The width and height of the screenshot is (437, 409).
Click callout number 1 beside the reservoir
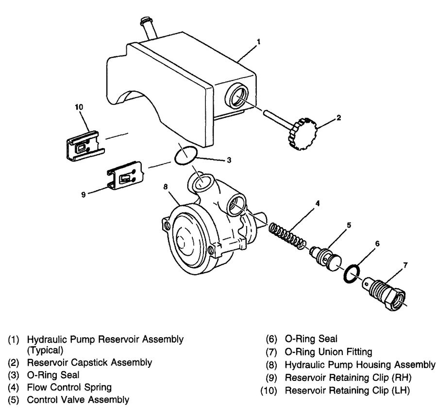point(258,42)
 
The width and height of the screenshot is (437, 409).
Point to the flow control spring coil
point(286,234)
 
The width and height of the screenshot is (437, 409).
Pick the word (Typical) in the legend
point(45,349)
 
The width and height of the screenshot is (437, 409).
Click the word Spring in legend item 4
point(99,387)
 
